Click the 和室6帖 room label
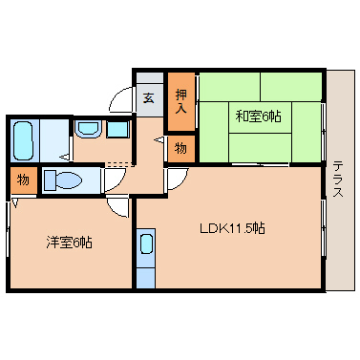pos(258,116)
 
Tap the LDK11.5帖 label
pos(232,228)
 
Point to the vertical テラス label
pos(338,179)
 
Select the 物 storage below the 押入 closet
pos(181,148)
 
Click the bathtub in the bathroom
pos(25,139)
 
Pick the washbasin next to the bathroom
pos(88,129)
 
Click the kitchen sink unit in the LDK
pos(145,247)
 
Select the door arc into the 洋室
pos(116,206)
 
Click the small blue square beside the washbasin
pos(117,129)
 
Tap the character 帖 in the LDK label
pos(259,228)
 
